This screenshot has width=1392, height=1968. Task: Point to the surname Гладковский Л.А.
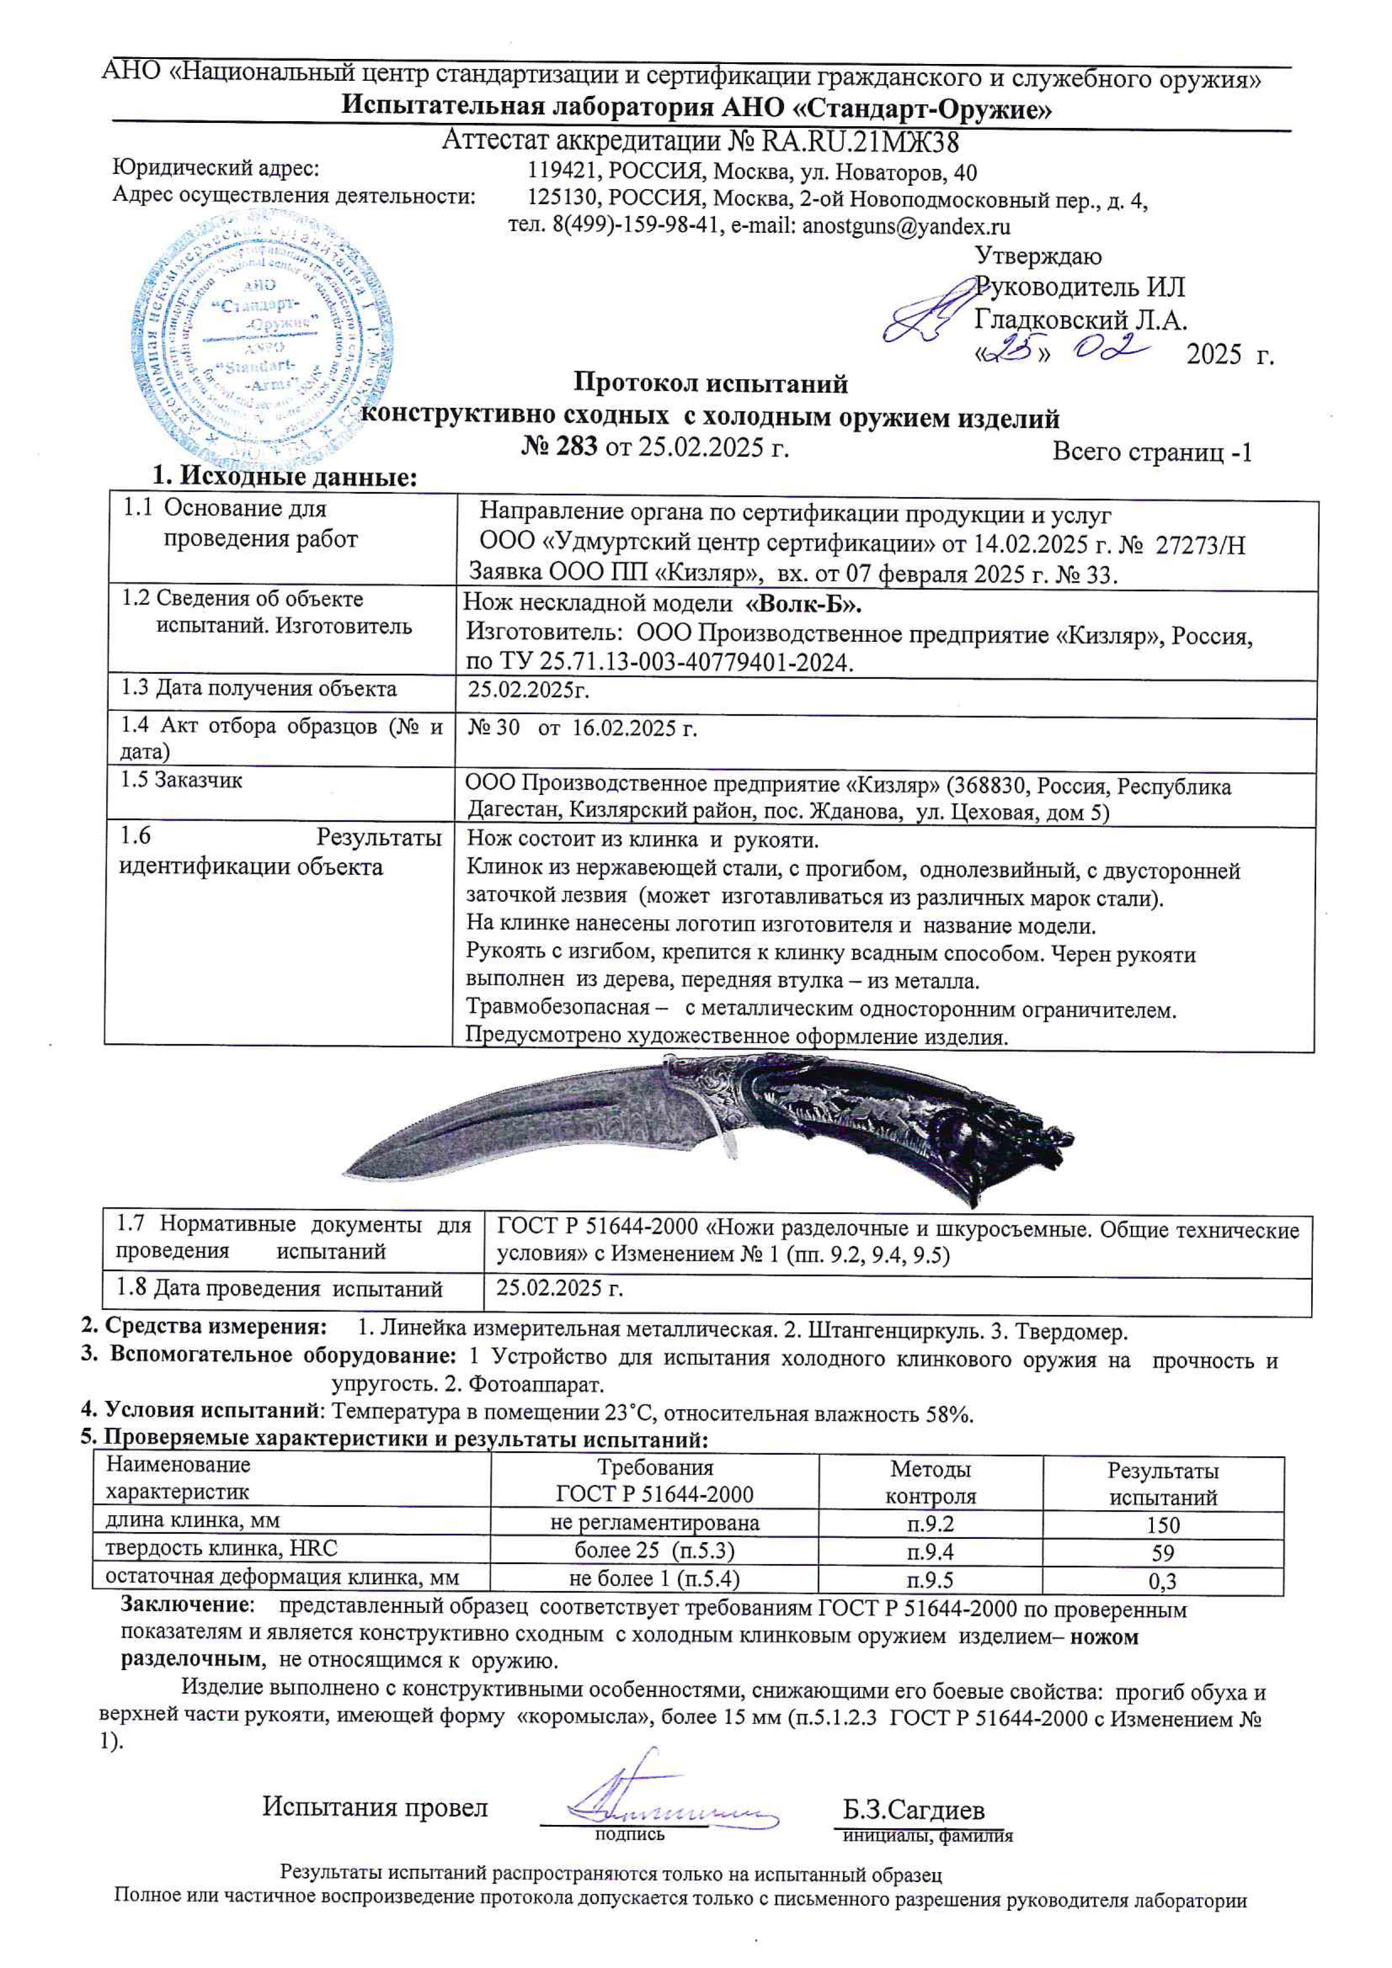1080,320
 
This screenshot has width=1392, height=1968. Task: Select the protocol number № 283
558,447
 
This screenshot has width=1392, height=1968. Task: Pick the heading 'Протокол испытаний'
709,383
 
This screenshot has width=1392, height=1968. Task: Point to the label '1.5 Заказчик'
182,781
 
